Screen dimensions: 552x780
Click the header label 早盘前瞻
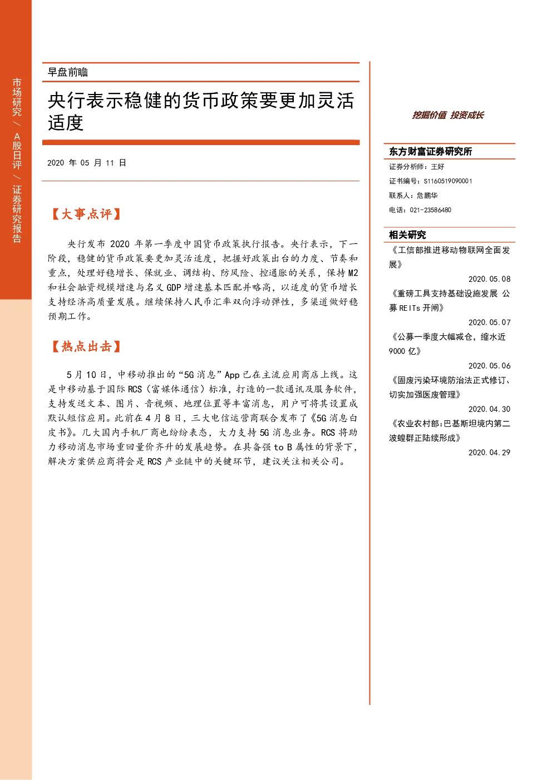tap(67, 72)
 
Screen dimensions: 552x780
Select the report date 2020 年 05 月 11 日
tap(87, 163)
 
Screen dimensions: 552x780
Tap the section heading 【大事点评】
tap(86, 214)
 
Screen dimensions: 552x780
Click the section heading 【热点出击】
tap(86, 346)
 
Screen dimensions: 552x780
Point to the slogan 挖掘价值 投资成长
tap(448, 115)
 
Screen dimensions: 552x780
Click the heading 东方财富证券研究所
tap(430, 151)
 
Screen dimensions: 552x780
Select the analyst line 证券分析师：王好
tap(416, 166)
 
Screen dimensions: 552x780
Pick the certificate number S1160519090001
tap(448, 181)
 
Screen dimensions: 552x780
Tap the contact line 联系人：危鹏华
tap(413, 195)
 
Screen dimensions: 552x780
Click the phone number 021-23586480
tap(430, 210)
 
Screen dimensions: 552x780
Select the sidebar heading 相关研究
tap(407, 235)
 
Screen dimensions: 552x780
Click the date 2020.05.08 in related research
tap(489, 279)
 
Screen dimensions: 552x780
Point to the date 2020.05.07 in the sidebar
tap(489, 322)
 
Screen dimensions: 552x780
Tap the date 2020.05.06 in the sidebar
tap(489, 366)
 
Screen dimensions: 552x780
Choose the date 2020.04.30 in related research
tap(489, 409)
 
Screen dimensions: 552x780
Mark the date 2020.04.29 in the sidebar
tap(489, 453)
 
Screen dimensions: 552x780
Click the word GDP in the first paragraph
tap(174, 287)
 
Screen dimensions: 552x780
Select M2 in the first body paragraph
tap(353, 272)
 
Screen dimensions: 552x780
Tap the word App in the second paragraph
tap(232, 375)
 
